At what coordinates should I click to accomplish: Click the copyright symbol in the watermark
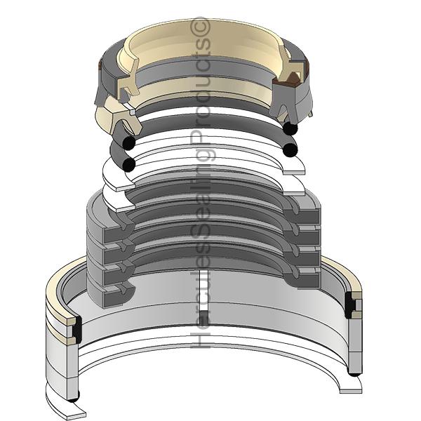click(x=200, y=25)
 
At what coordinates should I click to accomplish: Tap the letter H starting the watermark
click(x=200, y=339)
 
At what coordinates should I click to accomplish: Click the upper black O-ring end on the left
click(x=128, y=143)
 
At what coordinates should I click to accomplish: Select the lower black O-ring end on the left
click(x=128, y=165)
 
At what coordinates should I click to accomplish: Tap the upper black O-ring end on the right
click(x=290, y=128)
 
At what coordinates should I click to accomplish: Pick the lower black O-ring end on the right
click(x=290, y=150)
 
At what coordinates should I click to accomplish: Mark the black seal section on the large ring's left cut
click(x=78, y=329)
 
